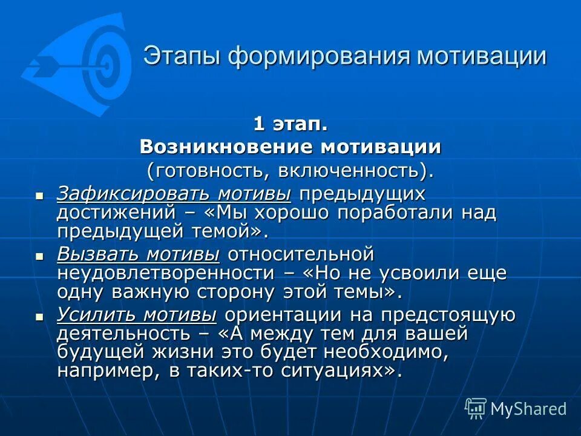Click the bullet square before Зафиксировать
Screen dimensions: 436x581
pos(39,196)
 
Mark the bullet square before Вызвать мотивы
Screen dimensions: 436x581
pos(39,256)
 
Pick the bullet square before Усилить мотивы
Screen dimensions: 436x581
pos(39,317)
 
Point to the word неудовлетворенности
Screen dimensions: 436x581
pos(163,272)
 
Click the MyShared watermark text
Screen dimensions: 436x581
pos(528,409)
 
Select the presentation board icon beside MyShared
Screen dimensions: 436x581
pos(475,409)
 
